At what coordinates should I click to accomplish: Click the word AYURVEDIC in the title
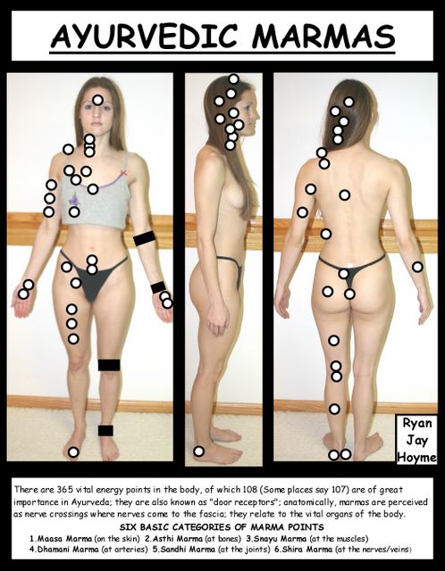pos(144,37)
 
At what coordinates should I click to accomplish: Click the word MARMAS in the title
pos(323,37)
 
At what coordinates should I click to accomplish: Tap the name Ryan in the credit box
pos(417,424)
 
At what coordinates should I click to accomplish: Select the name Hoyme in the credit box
pos(416,457)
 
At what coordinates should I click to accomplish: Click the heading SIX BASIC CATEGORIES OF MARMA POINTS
pos(222,527)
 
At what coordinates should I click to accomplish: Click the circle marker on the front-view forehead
pos(97,100)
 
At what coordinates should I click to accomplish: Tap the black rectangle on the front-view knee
pos(109,365)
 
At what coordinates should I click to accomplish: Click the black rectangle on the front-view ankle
pos(105,430)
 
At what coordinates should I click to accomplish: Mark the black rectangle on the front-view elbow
pos(145,238)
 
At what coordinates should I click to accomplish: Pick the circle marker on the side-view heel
pos(198,451)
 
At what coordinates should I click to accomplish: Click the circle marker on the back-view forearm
pos(417,267)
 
